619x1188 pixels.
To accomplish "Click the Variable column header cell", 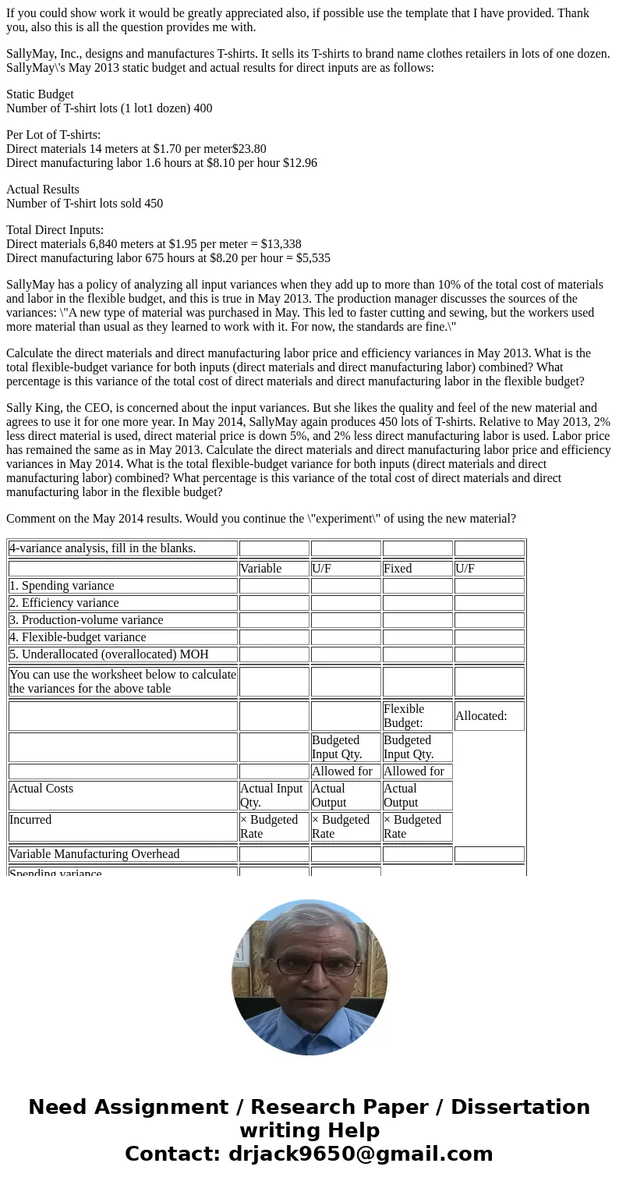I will pyautogui.click(x=260, y=569).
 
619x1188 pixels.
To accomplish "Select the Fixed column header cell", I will pyautogui.click(x=398, y=569).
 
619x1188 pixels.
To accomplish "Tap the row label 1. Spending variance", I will pyautogui.click(x=62, y=586).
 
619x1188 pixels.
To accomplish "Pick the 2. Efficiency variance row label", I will pyautogui.click(x=64, y=603).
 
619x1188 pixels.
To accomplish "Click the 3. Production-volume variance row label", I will pyautogui.click(x=87, y=620).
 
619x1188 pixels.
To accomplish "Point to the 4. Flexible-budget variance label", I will pyautogui.click(x=78, y=637).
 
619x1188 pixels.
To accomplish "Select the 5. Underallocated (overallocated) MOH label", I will pyautogui.click(x=109, y=654).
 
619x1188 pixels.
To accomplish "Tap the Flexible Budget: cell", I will pyautogui.click(x=404, y=716).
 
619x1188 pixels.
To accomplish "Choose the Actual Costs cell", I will pyautogui.click(x=41, y=789).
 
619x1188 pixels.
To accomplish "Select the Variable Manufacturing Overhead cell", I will pyautogui.click(x=94, y=854).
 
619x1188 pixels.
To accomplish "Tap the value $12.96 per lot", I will pyautogui.click(x=299, y=163).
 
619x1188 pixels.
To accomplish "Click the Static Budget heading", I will pyautogui.click(x=40, y=94).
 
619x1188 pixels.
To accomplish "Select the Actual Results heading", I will pyautogui.click(x=43, y=190).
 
